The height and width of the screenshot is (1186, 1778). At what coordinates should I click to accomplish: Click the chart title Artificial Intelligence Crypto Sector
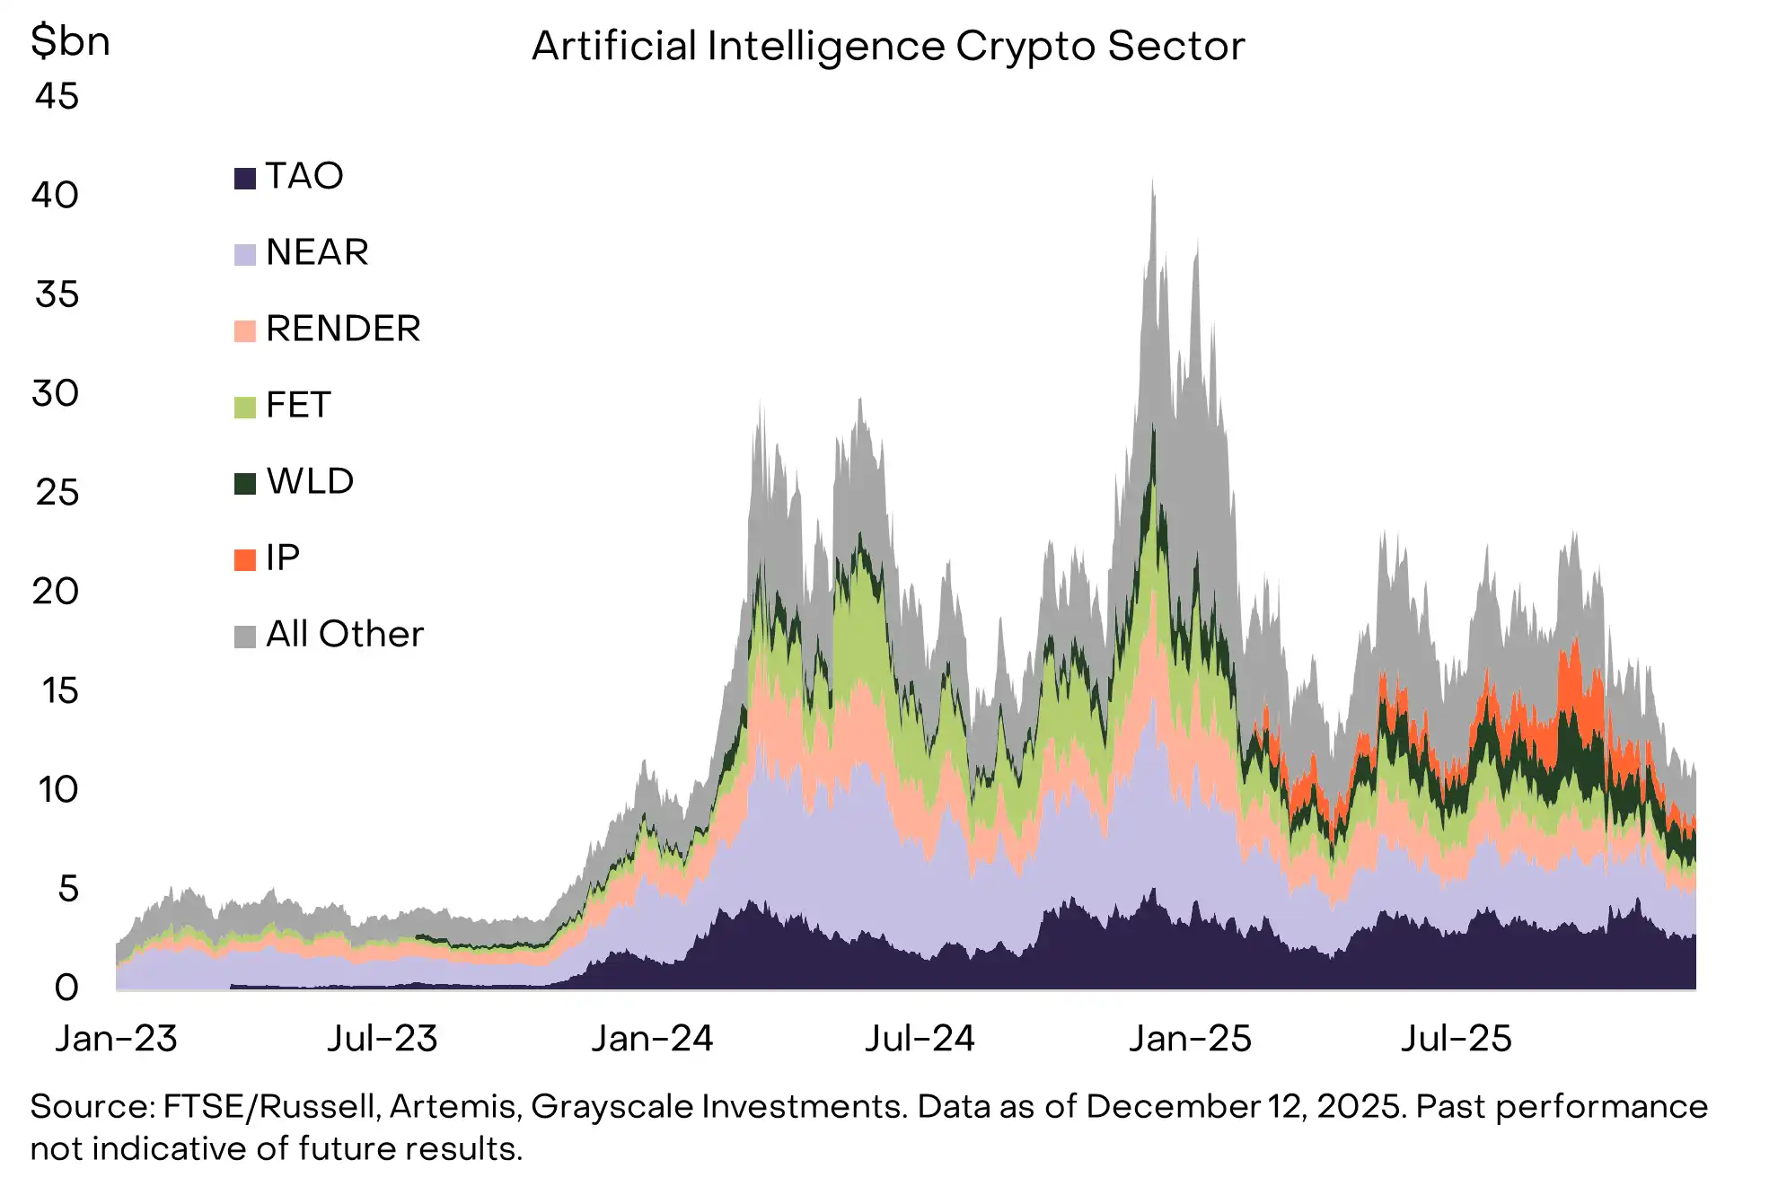coord(887,47)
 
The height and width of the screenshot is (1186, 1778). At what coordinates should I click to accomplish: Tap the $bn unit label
coord(70,41)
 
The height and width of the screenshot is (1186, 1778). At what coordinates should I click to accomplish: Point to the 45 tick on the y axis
coord(57,96)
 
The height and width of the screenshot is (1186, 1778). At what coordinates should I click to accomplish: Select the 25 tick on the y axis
coord(57,492)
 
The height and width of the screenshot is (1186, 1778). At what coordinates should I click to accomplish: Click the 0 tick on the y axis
coord(66,988)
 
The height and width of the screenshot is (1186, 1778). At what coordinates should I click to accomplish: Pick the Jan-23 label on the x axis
coord(116,1039)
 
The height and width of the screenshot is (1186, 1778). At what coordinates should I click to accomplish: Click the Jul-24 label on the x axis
coord(919,1039)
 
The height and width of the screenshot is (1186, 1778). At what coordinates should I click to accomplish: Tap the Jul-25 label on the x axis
coord(1456,1039)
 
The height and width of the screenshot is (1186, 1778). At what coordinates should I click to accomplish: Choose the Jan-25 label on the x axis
coord(1189,1039)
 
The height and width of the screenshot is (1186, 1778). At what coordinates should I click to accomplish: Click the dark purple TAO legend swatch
coord(245,178)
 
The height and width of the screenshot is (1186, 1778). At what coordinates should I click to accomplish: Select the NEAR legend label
coord(317,252)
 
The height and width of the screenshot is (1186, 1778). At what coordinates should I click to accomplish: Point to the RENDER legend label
coord(343,329)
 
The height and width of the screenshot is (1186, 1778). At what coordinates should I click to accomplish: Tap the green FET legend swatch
coord(245,408)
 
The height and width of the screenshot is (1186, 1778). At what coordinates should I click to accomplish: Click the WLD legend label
coord(310,481)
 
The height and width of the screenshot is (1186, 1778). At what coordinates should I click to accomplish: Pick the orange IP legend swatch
coord(245,560)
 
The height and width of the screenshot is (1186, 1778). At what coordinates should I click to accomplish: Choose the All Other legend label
coord(344,634)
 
